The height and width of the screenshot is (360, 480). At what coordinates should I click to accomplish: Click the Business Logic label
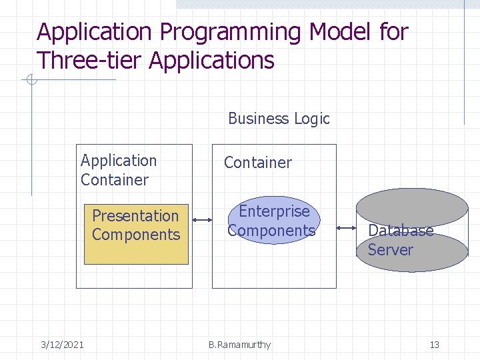pyautogui.click(x=279, y=119)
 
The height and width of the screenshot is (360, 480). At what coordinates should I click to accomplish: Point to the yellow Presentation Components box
pyautogui.click(x=136, y=234)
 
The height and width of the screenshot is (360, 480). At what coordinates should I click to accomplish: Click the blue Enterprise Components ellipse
pyautogui.click(x=271, y=221)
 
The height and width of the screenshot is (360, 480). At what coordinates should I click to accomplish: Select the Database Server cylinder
pyautogui.click(x=411, y=231)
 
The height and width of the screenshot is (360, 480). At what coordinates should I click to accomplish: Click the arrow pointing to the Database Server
pyautogui.click(x=346, y=227)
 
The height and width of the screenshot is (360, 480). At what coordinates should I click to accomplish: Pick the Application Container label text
pyautogui.click(x=118, y=170)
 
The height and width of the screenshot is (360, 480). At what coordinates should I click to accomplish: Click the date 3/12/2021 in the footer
pyautogui.click(x=62, y=345)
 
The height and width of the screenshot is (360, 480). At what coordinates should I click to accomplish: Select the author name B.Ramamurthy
pyautogui.click(x=239, y=345)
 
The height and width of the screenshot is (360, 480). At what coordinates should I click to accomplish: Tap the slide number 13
pyautogui.click(x=434, y=345)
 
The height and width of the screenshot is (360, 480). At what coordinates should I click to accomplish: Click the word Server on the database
pyautogui.click(x=390, y=250)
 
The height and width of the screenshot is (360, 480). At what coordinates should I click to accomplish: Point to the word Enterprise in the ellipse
pyautogui.click(x=274, y=211)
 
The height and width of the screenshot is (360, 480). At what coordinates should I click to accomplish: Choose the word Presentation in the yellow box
pyautogui.click(x=135, y=216)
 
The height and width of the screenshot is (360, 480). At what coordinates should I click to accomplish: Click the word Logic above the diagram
pyautogui.click(x=312, y=119)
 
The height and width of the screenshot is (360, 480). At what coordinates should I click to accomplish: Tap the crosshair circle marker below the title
pyautogui.click(x=31, y=81)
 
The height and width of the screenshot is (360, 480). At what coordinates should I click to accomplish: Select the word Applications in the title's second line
pyautogui.click(x=211, y=60)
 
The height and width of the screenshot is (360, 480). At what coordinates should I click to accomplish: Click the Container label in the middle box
pyautogui.click(x=257, y=163)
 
